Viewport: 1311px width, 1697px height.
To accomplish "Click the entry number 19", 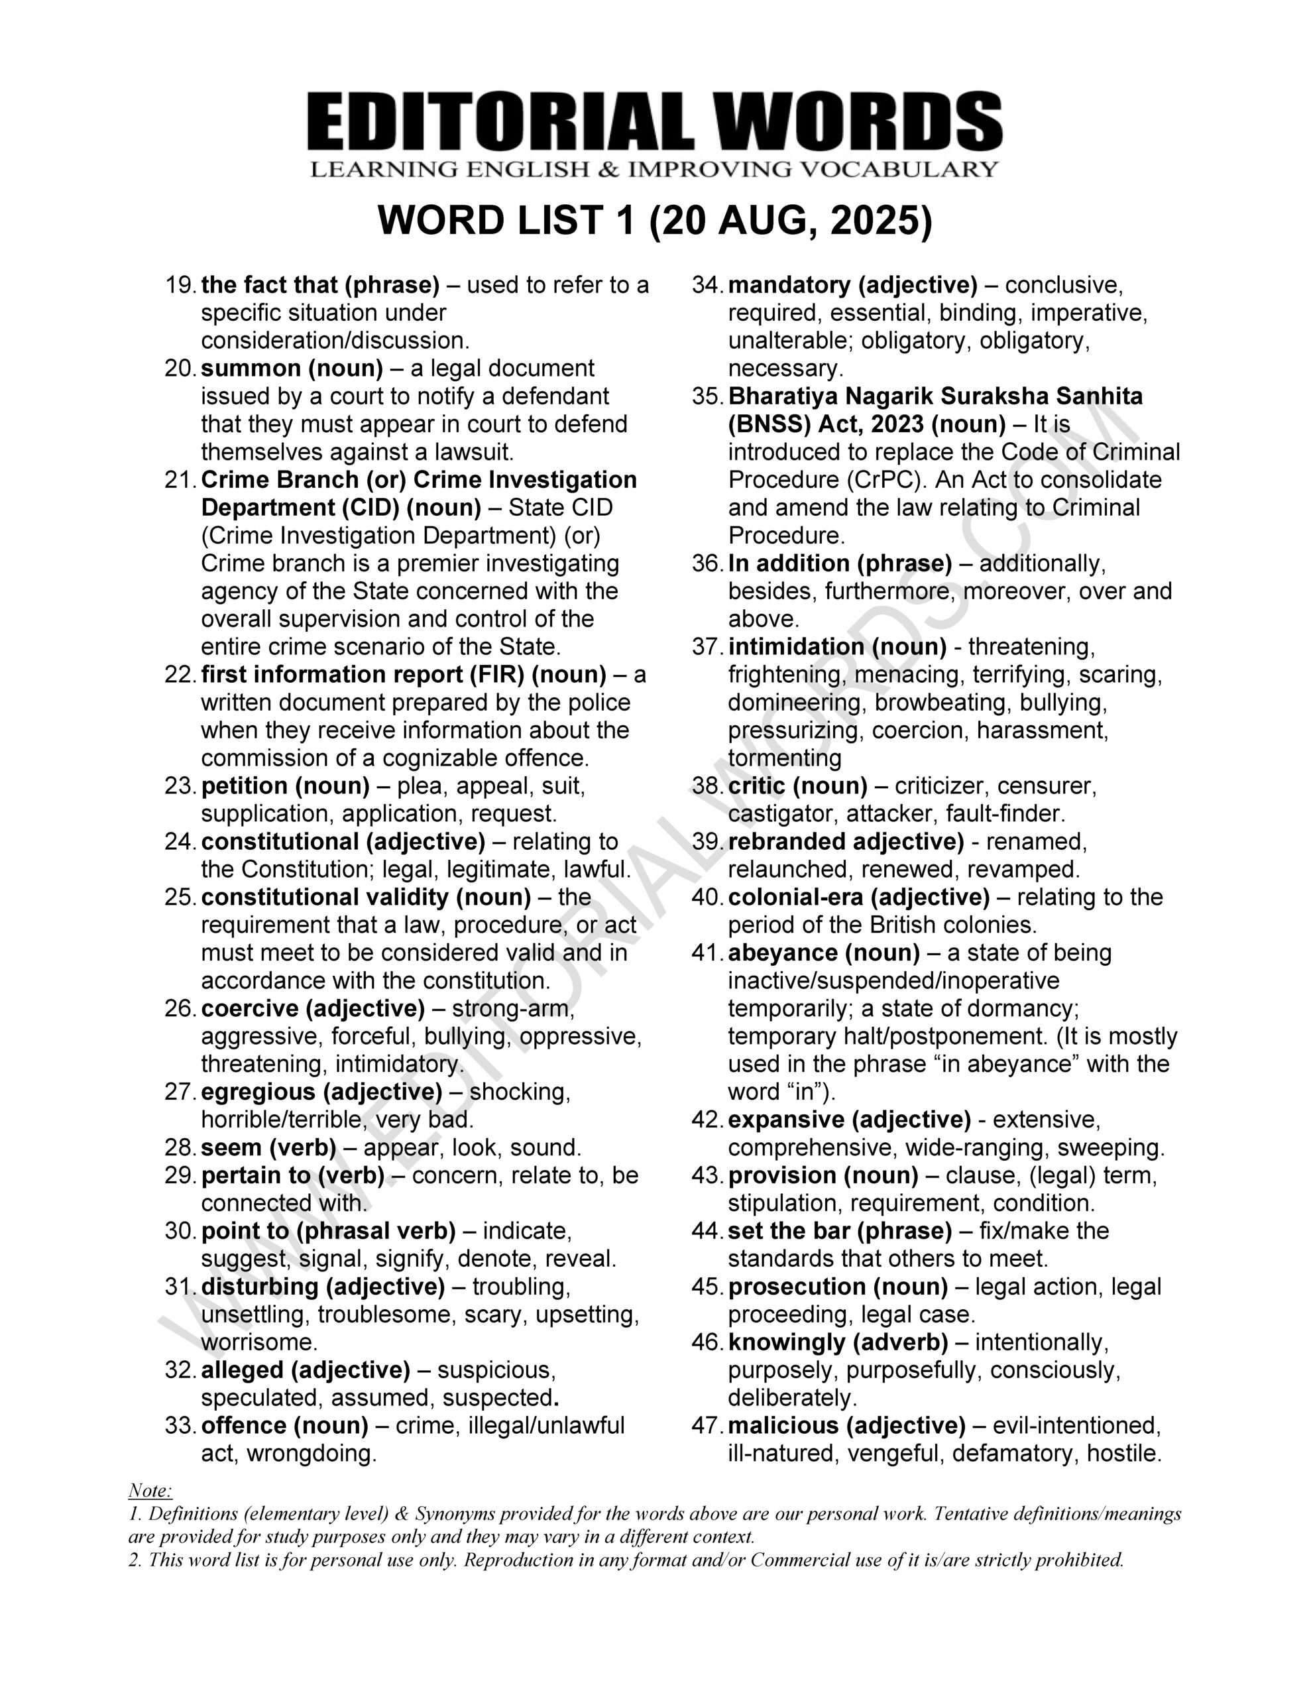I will (x=180, y=285).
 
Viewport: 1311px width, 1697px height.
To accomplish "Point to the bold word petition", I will (x=246, y=786).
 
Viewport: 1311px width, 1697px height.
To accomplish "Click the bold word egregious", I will (x=257, y=1092).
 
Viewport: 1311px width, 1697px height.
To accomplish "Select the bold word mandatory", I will (x=789, y=285).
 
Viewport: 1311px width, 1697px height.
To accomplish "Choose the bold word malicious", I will (x=783, y=1426).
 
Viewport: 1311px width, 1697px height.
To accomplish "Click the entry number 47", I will (x=706, y=1426).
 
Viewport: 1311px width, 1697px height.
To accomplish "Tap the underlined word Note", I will (x=149, y=1490).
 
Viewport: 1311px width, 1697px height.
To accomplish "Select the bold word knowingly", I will (x=785, y=1342).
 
